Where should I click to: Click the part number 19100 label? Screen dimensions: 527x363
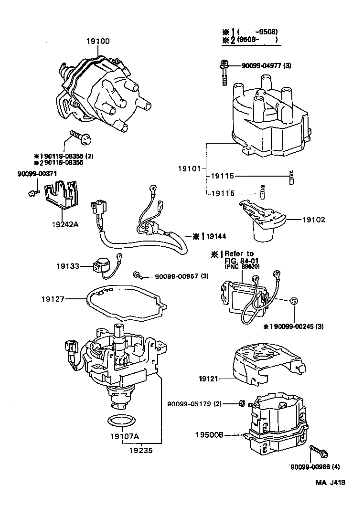point(97,42)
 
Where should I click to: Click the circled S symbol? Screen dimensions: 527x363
point(294,301)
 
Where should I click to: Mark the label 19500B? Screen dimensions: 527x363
point(209,435)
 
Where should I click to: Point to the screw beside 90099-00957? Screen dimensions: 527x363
point(137,275)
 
